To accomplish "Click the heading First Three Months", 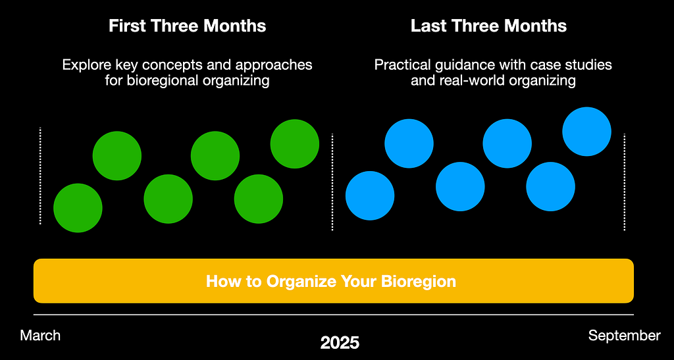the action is [x=188, y=26].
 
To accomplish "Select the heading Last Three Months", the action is [x=489, y=26].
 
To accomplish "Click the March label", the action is [x=40, y=335].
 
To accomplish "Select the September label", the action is [x=625, y=336].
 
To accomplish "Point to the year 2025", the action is [x=340, y=343].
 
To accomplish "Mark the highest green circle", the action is [x=295, y=144].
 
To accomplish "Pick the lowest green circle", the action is [x=78, y=208].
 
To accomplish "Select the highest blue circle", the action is [x=586, y=132].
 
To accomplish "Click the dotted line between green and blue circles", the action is [x=332, y=182].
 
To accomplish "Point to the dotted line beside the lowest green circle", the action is [x=40, y=176].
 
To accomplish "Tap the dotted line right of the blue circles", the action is [x=624, y=182].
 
